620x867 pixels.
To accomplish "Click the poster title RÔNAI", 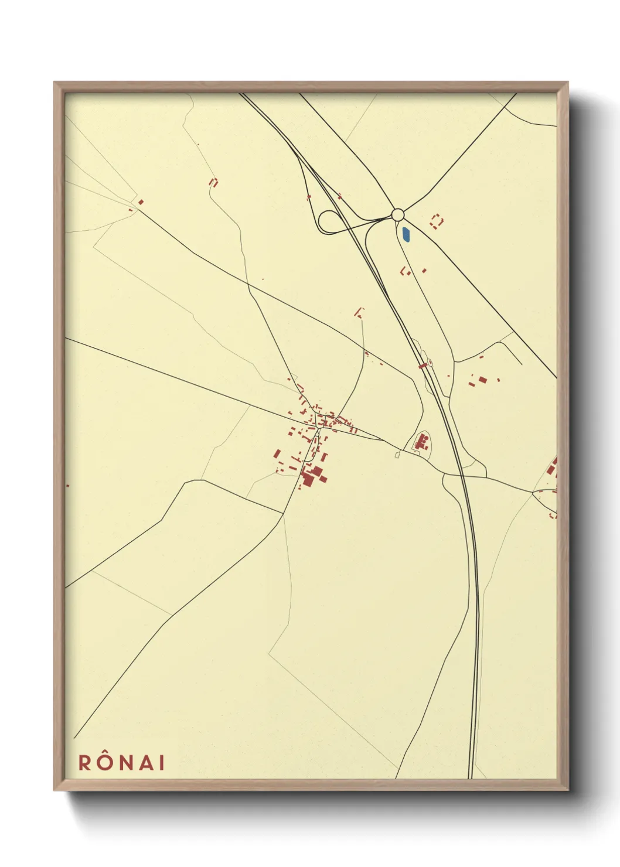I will (121, 762).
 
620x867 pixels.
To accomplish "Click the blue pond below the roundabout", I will (406, 235).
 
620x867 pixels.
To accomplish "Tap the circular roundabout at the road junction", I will (398, 214).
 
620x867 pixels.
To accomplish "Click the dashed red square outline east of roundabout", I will (436, 221).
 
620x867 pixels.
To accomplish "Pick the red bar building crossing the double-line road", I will (423, 366).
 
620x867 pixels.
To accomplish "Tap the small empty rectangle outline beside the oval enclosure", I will (397, 455).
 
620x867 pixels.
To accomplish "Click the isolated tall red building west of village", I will (276, 455).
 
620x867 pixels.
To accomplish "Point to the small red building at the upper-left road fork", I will (141, 202).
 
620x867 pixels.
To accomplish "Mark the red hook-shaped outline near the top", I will (213, 182).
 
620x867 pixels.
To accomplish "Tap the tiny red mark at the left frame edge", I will (67, 485).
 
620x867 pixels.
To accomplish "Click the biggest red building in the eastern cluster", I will (482, 380).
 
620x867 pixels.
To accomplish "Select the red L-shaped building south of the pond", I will (404, 271).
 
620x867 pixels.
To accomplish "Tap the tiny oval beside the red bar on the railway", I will (430, 363).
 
